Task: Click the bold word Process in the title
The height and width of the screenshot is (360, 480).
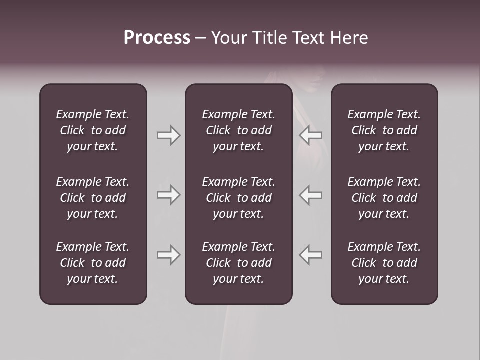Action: tap(157, 38)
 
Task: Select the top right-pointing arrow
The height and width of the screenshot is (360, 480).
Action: tap(168, 135)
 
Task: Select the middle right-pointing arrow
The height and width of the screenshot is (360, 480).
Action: tap(168, 195)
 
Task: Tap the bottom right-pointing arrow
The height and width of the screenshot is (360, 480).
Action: tap(168, 255)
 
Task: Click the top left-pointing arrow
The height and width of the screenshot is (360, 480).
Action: tap(311, 135)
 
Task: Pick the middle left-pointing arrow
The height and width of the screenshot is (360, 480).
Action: tap(311, 195)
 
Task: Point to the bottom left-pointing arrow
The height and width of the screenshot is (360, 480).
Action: tap(311, 255)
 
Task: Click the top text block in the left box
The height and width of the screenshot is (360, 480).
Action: tap(93, 130)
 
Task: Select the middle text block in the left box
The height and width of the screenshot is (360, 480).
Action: tap(93, 198)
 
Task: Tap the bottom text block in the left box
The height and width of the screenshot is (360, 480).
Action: tap(93, 263)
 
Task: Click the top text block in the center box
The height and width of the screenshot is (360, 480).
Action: tap(238, 130)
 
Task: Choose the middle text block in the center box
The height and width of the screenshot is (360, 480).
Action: tap(238, 198)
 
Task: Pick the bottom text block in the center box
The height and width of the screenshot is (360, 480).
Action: tap(238, 263)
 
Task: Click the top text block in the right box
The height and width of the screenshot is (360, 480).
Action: tap(384, 130)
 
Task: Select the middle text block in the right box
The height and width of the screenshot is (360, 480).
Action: tap(384, 198)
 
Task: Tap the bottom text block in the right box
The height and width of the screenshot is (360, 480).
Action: tap(384, 263)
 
